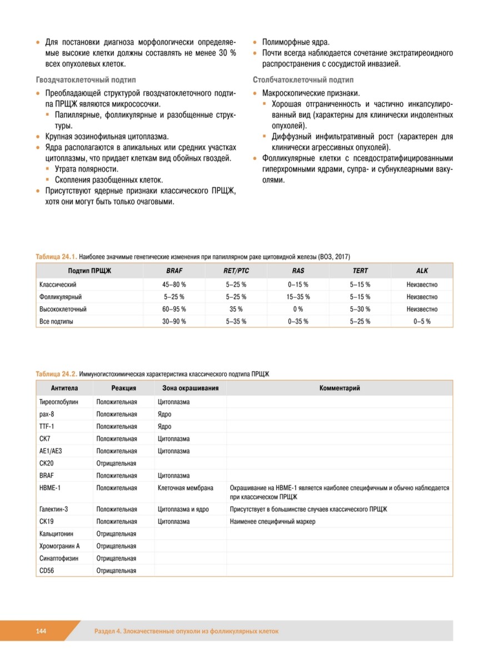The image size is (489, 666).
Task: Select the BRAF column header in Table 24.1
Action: [x=174, y=271]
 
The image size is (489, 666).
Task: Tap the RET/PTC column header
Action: [x=236, y=271]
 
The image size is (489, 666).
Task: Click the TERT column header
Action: [x=360, y=271]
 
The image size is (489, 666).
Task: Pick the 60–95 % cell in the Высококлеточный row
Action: [x=174, y=309]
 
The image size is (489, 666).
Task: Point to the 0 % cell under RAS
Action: [x=298, y=309]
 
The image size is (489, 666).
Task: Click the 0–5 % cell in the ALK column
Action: [x=422, y=321]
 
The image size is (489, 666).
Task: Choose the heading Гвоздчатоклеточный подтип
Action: [x=86, y=80]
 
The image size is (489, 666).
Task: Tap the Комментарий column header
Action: [x=339, y=388]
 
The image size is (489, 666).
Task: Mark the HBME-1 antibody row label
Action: [x=50, y=488]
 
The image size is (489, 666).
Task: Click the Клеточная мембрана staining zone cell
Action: [x=185, y=488]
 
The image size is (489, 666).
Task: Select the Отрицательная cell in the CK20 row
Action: [x=116, y=463]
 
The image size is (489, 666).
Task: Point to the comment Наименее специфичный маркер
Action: [x=272, y=522]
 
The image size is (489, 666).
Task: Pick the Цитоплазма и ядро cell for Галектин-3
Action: [x=184, y=509]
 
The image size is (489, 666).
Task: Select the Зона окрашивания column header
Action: [x=190, y=388]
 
